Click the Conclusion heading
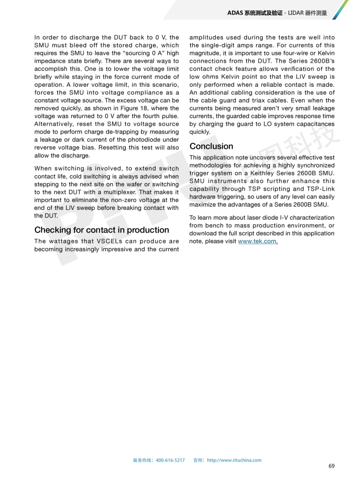coord(211,146)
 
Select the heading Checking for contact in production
coord(102,230)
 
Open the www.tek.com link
coord(257,241)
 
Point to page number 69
coord(331,466)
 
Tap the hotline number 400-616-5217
coord(170,460)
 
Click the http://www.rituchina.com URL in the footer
coord(234,460)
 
